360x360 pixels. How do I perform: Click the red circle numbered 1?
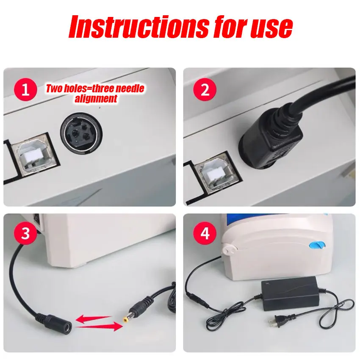[25, 89]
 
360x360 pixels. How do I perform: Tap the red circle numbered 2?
[205, 89]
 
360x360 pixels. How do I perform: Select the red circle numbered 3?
[25, 233]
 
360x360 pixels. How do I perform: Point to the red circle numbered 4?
[205, 233]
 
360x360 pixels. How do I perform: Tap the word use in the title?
[271, 28]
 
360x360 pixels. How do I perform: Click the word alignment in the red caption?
[96, 99]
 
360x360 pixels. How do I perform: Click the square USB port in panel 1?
[35, 154]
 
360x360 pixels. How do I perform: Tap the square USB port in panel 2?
[216, 174]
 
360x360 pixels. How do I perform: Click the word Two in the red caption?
[54, 89]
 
